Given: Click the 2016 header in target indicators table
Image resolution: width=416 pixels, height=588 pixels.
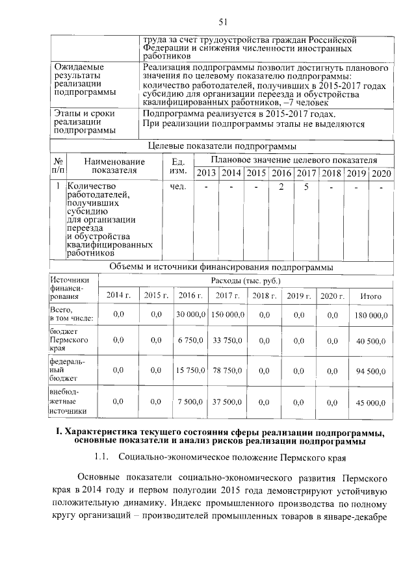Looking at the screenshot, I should (x=281, y=173).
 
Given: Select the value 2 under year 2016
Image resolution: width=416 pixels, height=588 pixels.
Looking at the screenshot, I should (x=281, y=187).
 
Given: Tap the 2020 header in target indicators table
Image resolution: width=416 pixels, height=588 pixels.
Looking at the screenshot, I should (x=382, y=173).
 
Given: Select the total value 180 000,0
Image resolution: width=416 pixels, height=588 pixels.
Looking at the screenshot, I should (x=370, y=315).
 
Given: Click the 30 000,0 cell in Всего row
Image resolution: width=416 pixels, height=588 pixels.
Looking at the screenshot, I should (x=190, y=315).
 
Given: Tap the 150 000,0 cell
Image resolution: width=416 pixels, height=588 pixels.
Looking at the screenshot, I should (x=227, y=315).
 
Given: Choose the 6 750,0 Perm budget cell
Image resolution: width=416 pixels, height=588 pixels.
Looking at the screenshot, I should (x=190, y=340).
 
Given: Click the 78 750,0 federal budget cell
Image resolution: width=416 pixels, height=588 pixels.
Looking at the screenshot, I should (x=227, y=370).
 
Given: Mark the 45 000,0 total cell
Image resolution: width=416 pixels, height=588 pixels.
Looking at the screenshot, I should (x=370, y=402).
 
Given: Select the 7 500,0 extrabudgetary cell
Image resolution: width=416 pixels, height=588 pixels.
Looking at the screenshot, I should (x=190, y=402).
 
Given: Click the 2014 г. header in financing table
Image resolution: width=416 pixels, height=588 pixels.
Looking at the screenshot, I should (x=118, y=296).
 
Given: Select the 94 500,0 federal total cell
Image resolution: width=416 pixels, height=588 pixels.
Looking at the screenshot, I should (x=370, y=370).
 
